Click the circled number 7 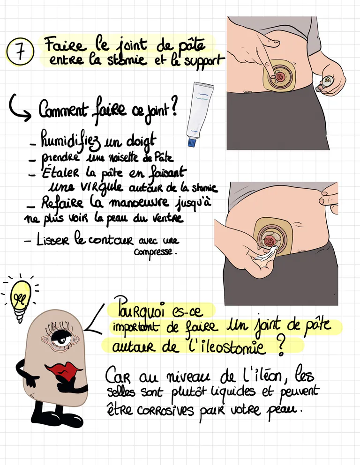20,52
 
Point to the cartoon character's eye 60,338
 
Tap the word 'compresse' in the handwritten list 153,252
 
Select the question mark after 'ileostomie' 281,345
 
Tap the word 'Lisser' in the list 53,240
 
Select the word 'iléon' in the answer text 261,376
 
